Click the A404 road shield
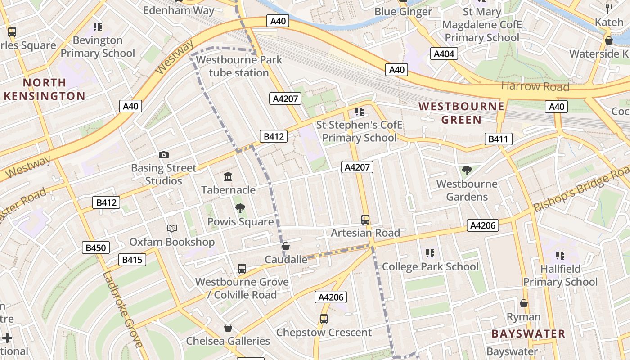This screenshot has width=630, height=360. pyautogui.click(x=444, y=54)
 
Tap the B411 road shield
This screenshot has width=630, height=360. pyautogui.click(x=499, y=139)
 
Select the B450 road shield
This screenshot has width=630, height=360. pyautogui.click(x=96, y=247)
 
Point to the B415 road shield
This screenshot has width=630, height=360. pyautogui.click(x=132, y=260)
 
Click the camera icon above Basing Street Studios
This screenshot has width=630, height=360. pyautogui.click(x=164, y=155)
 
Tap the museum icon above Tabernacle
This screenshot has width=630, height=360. pyautogui.click(x=228, y=177)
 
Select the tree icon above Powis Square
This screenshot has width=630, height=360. pyautogui.click(x=240, y=208)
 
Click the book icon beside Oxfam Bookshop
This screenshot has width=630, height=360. pyautogui.click(x=172, y=229)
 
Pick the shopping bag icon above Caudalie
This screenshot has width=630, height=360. pyautogui.click(x=286, y=246)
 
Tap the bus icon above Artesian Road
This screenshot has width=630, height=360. pyautogui.click(x=365, y=220)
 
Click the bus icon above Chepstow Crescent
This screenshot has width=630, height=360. pyautogui.click(x=324, y=319)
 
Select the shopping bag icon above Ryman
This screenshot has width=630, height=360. pyautogui.click(x=523, y=303)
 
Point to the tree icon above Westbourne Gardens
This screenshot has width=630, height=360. pyautogui.click(x=467, y=171)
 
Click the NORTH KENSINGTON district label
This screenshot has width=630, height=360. pyautogui.click(x=44, y=89)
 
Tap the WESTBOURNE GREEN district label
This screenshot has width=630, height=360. pyautogui.click(x=461, y=113)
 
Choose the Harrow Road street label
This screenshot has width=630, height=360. pyautogui.click(x=535, y=86)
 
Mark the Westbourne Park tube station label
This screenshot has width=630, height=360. pyautogui.click(x=239, y=66)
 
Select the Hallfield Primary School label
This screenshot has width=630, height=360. pyautogui.click(x=560, y=275)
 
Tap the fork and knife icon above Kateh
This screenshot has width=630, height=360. pyautogui.click(x=609, y=8)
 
